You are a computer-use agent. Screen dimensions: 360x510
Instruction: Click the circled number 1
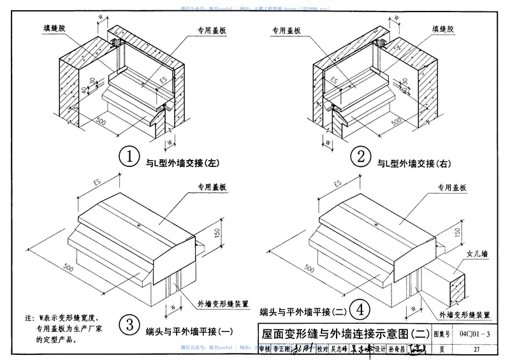pos(130,157)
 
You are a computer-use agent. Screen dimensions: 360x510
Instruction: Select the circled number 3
pos(130,326)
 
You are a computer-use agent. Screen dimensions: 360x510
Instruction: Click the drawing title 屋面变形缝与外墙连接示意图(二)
pos(344,332)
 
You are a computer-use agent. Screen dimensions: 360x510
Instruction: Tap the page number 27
pos(476,349)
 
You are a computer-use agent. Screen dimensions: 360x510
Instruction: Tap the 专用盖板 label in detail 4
pos(451,187)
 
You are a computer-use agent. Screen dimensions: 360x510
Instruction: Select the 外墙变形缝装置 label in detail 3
pos(224,304)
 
